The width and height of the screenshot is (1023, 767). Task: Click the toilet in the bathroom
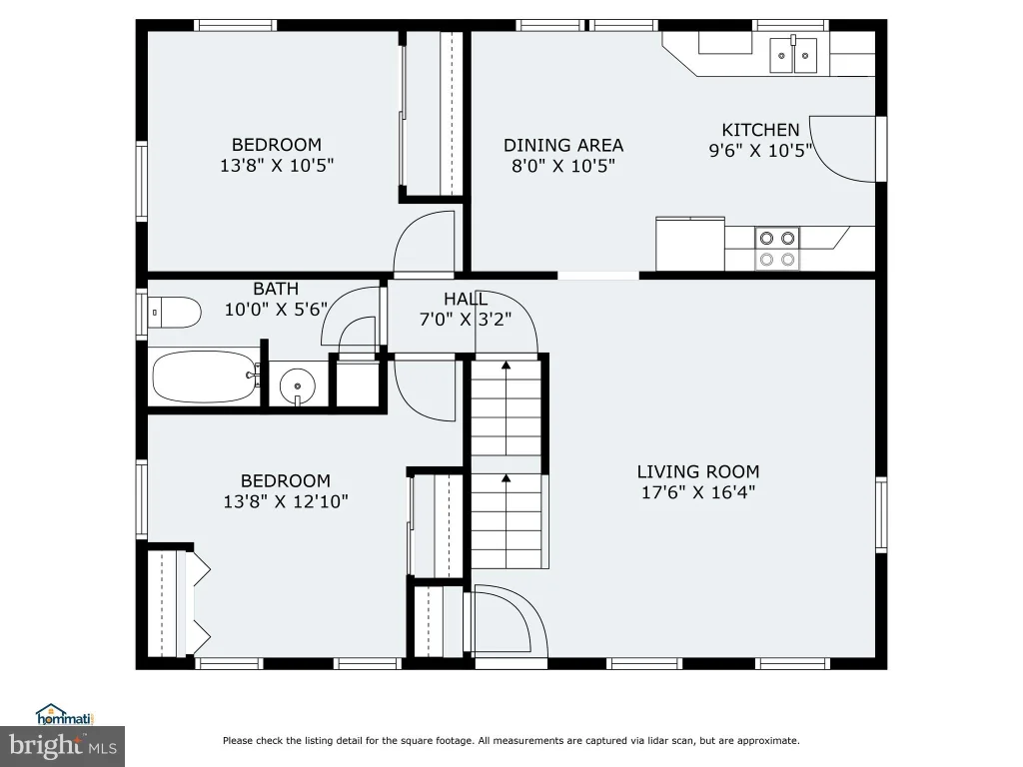(x=174, y=313)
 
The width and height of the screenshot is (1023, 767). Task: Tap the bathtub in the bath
(x=206, y=377)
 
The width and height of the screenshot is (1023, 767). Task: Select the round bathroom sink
(x=298, y=385)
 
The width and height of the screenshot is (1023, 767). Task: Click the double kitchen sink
(x=793, y=55)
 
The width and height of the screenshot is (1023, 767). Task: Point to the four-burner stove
(x=777, y=249)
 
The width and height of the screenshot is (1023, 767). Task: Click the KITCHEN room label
(x=760, y=130)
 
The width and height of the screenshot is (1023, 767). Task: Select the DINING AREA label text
(x=563, y=145)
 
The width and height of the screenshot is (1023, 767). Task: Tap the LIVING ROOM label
(x=698, y=471)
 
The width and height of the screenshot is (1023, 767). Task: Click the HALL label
(x=466, y=300)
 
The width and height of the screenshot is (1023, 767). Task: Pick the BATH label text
(x=276, y=289)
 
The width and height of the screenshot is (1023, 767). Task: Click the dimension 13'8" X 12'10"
(x=286, y=501)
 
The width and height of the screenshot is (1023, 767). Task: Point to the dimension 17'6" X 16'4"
(x=698, y=491)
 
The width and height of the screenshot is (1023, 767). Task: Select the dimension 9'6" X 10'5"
(x=760, y=151)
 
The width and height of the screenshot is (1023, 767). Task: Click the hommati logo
(x=65, y=715)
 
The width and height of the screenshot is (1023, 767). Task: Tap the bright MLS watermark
(x=63, y=746)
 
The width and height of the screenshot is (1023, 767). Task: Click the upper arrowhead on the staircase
(x=506, y=366)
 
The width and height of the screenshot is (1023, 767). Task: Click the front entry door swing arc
(x=527, y=605)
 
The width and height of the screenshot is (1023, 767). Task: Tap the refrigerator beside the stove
(x=690, y=244)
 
